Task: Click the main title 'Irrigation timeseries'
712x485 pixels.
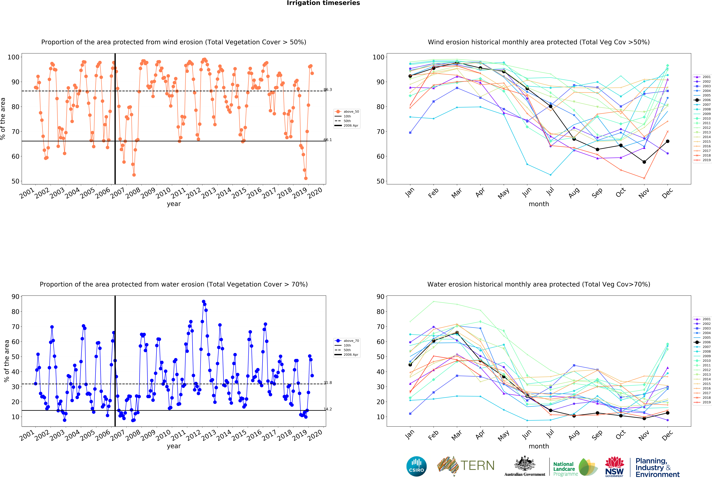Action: point(323,3)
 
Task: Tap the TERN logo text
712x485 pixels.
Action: point(477,466)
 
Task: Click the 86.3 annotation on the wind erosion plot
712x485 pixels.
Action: point(327,90)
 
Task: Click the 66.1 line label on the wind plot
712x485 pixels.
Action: point(327,140)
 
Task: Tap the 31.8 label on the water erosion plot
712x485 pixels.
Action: point(327,383)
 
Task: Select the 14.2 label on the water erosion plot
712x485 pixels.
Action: point(327,409)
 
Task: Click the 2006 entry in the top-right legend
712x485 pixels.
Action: point(702,100)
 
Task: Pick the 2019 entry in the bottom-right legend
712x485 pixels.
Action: point(702,402)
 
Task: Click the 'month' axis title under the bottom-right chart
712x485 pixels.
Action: point(539,446)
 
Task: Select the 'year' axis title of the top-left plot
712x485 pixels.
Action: point(174,204)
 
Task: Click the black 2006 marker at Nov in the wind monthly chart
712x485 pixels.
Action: point(644,162)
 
